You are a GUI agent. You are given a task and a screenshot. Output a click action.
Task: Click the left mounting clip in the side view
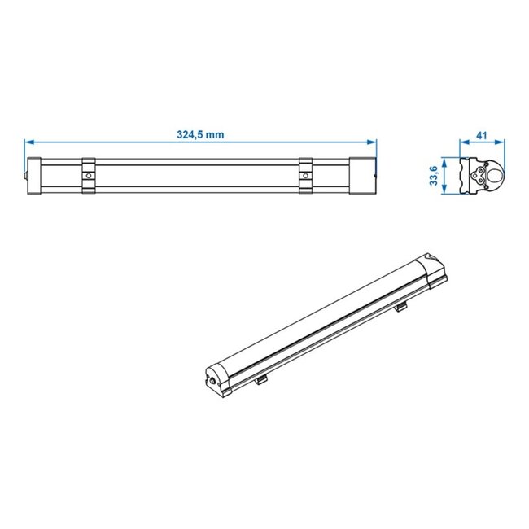[88, 176]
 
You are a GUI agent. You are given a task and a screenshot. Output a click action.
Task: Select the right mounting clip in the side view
[305, 176]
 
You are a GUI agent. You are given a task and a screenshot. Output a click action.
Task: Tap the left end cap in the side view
[35, 176]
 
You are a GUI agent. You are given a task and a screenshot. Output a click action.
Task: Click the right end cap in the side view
[362, 176]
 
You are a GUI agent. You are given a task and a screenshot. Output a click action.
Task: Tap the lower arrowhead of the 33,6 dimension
[445, 192]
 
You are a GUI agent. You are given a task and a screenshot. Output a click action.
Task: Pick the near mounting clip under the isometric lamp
[260, 379]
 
